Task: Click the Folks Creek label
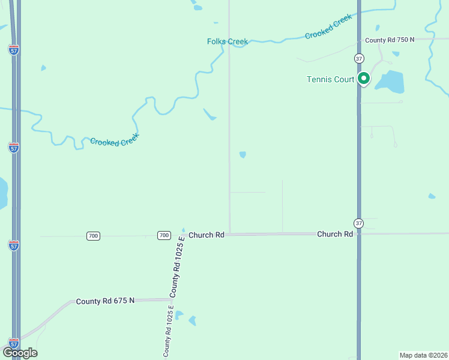coord(228,41)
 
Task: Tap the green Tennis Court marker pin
coord(363,79)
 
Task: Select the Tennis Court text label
coord(331,79)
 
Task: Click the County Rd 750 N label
coord(390,40)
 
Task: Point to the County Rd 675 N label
coord(105,301)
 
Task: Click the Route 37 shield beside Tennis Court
coord(358,58)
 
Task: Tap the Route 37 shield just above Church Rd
coord(358,223)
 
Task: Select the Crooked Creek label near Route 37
coord(328,27)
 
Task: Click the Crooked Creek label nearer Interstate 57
coord(114,139)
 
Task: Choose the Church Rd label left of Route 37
coord(334,234)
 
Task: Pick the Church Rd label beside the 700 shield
coord(206,235)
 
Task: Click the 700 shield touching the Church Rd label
coord(164,235)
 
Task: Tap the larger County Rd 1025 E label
coord(178,266)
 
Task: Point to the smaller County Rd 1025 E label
coord(169,331)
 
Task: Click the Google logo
coord(20,353)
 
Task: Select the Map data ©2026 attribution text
coord(423,355)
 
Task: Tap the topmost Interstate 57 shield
coord(14,50)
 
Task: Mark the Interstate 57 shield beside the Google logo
coord(14,343)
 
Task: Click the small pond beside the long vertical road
coord(243,155)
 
